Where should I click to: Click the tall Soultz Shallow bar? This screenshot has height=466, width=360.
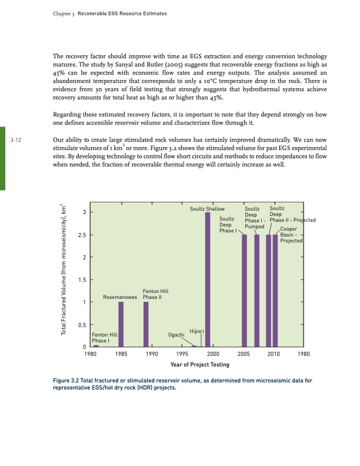208,279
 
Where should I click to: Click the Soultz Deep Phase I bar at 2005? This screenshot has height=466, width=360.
244,291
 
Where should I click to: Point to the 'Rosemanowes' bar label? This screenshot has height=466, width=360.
120,297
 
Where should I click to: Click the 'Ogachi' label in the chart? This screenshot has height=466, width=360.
176,335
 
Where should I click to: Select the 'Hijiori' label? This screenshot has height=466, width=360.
196,332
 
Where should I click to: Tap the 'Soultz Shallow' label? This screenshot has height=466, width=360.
207,209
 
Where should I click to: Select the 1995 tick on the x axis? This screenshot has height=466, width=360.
182,354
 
